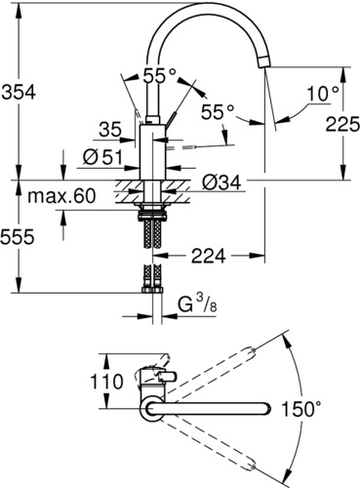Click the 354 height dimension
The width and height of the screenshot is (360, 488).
point(19,93)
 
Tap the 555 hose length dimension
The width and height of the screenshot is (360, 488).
point(18,236)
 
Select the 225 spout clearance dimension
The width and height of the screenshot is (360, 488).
point(342,124)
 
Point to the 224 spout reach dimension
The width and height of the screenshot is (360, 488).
point(208,256)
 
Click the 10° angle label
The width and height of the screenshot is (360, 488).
point(323,94)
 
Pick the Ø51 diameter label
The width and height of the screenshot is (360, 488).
point(102,157)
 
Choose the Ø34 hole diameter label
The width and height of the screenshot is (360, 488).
point(221,183)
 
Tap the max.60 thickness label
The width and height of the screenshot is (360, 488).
point(61,196)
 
